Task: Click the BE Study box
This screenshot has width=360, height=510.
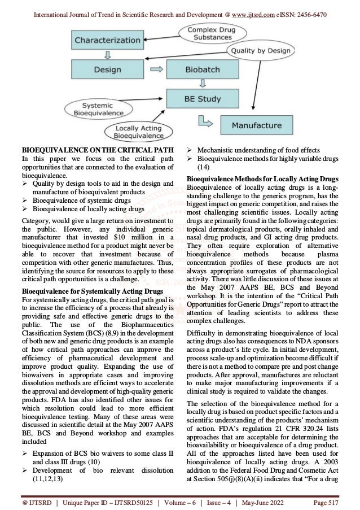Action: click(204, 98)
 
